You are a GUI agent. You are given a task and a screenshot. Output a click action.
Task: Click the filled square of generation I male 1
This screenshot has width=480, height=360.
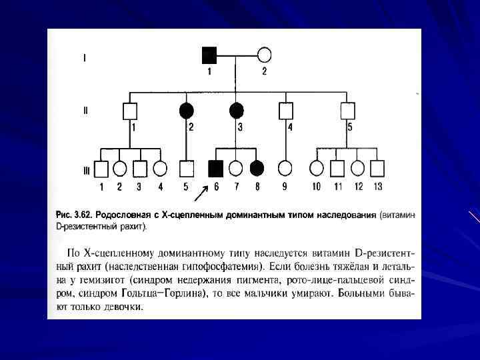(209, 55)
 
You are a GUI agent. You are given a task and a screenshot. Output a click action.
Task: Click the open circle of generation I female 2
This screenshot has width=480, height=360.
(264, 55)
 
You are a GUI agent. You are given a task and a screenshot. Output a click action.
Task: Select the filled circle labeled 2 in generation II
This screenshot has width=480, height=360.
(187, 110)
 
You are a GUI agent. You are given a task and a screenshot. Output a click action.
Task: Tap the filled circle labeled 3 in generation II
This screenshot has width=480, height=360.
(236, 110)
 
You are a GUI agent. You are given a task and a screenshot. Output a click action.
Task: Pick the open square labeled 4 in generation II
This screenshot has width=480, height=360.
(286, 110)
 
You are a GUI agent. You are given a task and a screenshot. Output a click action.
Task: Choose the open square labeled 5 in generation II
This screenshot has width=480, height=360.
(347, 110)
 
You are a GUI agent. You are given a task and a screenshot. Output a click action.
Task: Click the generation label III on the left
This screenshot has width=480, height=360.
(86, 170)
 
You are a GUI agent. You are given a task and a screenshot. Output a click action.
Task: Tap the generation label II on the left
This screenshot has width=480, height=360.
(85, 111)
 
